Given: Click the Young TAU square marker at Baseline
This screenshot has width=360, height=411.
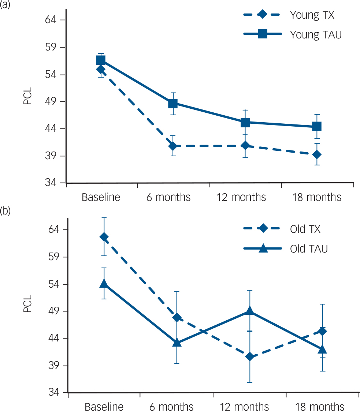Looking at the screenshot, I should (101, 60).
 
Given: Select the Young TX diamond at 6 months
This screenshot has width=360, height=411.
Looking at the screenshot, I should (173, 146).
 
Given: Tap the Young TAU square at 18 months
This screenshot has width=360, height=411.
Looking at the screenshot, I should (317, 127).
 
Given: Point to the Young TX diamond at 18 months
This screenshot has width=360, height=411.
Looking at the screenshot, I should (317, 154).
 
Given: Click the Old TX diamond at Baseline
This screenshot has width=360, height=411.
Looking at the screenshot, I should (104, 237).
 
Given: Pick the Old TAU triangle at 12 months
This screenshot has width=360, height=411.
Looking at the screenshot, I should (250, 311).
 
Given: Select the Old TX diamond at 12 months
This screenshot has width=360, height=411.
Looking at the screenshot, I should (250, 357).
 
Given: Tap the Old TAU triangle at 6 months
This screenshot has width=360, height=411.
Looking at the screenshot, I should (177, 343).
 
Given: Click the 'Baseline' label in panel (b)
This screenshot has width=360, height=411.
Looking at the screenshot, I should (104, 407).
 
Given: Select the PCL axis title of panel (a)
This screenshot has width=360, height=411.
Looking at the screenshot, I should (28, 96).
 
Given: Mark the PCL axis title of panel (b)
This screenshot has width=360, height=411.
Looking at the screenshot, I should (28, 304).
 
